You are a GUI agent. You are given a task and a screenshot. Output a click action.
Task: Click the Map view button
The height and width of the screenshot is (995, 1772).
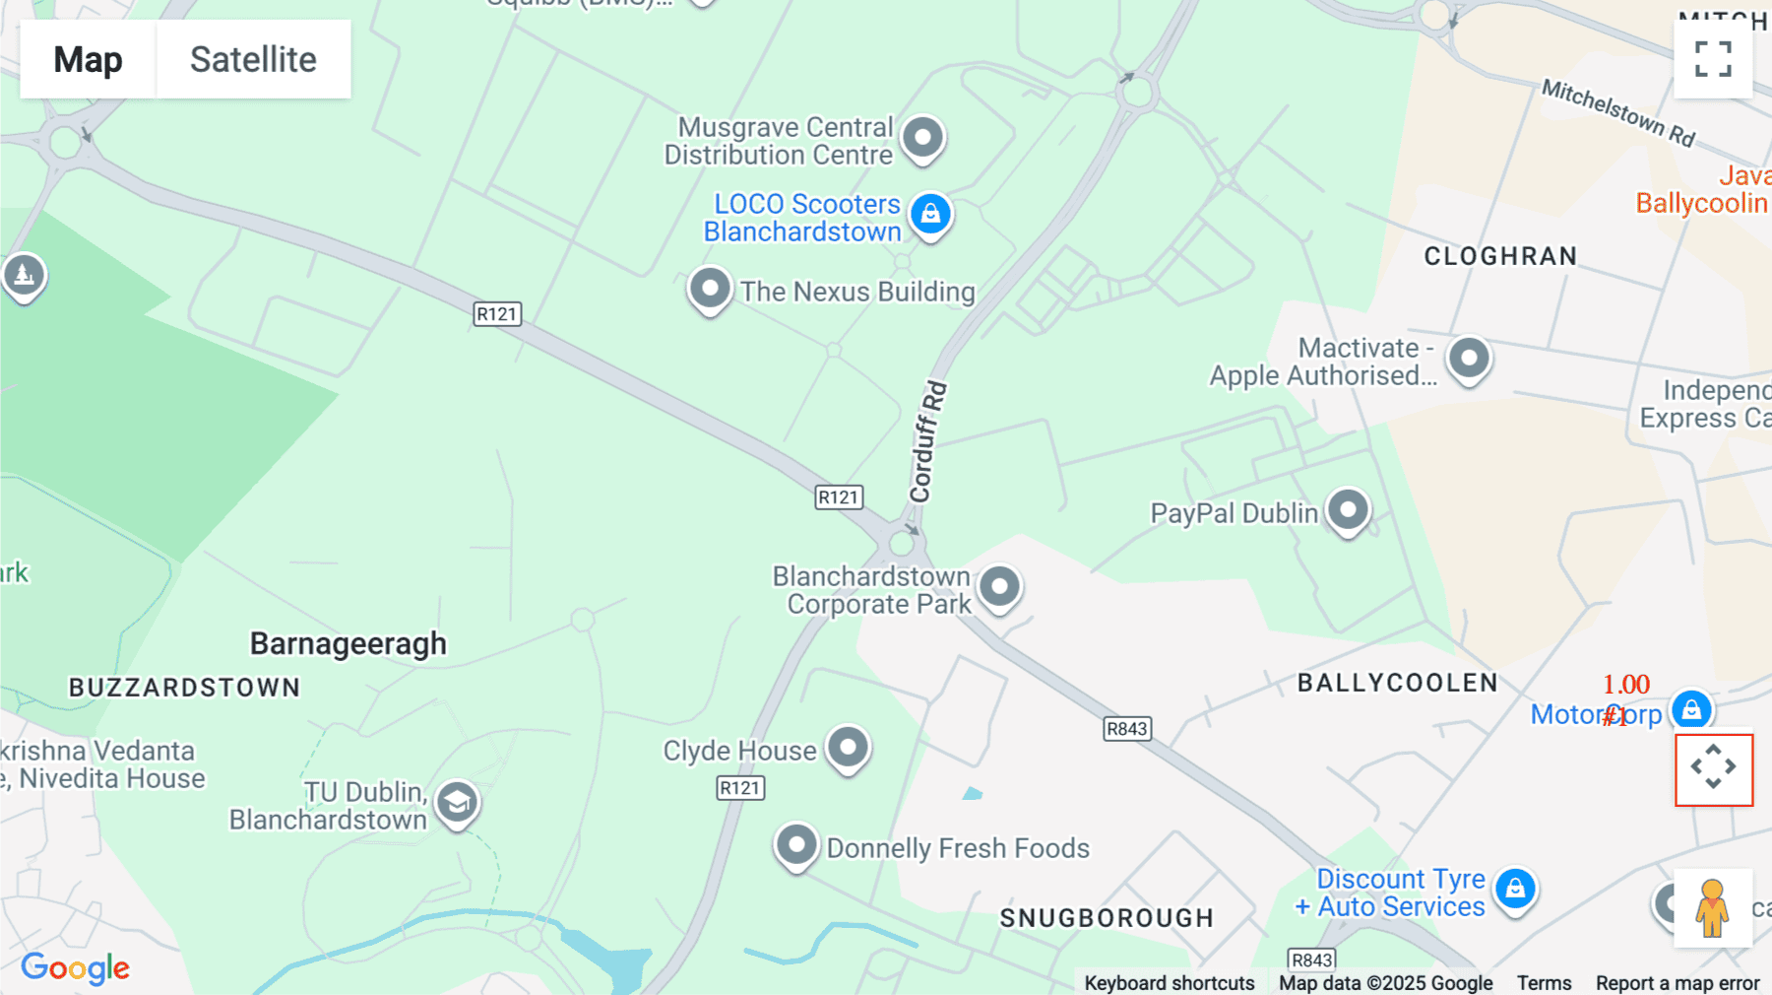pos(88,59)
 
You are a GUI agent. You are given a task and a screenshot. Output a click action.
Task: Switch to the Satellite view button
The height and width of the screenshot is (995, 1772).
pos(253,59)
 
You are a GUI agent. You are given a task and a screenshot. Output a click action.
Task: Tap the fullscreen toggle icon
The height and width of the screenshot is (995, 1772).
pos(1713,59)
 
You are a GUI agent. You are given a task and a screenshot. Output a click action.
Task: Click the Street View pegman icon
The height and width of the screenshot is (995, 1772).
pos(1713,907)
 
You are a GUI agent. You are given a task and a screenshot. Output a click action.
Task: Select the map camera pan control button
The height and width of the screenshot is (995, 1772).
pos(1714,767)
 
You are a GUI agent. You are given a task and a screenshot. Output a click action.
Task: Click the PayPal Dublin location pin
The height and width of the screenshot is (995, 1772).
pos(1348,510)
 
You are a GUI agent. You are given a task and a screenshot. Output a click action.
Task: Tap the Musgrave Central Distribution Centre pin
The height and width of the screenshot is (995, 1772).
pos(922,136)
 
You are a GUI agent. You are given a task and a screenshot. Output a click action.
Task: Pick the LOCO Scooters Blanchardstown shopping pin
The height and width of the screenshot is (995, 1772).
pos(930,213)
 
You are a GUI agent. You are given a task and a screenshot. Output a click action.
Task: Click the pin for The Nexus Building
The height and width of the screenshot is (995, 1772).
pos(710,289)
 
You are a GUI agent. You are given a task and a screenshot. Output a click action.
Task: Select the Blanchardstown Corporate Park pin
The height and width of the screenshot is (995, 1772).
pos(999,587)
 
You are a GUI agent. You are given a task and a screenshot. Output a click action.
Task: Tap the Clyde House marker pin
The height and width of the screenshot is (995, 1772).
pos(848,748)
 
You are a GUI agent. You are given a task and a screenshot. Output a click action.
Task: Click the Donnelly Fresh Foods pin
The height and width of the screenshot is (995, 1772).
pos(796,844)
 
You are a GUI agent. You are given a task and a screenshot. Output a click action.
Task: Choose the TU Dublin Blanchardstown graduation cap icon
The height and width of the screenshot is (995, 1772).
pos(457,803)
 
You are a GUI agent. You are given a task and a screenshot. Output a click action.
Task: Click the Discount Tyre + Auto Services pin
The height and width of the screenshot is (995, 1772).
pos(1515,889)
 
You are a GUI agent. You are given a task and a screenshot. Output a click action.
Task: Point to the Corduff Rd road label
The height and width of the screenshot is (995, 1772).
pos(926,441)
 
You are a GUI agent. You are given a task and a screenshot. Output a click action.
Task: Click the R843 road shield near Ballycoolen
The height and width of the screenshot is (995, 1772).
pos(1127,729)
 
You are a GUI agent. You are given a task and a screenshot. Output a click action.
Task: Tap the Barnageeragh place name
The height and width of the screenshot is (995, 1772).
pos(348,643)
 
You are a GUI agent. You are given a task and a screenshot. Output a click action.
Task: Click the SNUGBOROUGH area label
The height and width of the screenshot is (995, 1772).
pos(1107,918)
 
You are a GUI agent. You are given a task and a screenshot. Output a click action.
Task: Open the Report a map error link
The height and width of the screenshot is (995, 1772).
pos(1677,983)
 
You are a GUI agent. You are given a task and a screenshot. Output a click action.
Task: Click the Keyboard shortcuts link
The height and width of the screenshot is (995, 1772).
pos(1169,983)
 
